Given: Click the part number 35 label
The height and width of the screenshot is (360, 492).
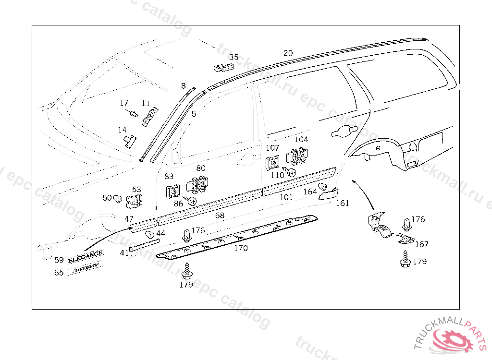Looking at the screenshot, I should click(234, 57).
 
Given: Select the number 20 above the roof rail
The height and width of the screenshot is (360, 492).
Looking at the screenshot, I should click(288, 53).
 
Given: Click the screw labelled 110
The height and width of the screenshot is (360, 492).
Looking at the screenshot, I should click(291, 173).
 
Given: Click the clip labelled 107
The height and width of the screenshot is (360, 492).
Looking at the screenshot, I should click(273, 163).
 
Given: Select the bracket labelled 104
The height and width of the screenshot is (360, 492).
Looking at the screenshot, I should click(297, 156).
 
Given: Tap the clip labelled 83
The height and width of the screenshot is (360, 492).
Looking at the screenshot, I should click(171, 191).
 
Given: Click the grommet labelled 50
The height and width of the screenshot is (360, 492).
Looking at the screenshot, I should click(118, 198).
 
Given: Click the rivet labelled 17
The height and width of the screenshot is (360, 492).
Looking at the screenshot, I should click(132, 113).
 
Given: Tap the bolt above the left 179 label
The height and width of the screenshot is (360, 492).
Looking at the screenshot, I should click(186, 271).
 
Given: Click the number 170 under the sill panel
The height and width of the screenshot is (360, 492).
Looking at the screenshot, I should click(241, 248).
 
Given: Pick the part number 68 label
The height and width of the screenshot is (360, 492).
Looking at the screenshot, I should click(220, 216).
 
